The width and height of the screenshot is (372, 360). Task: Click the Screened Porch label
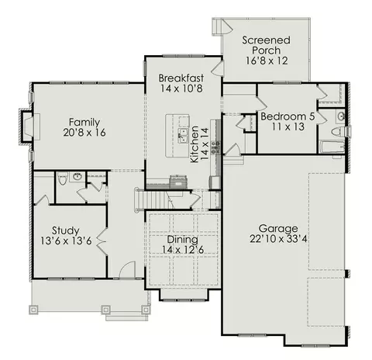(267, 45)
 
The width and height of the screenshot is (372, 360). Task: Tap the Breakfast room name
(181, 78)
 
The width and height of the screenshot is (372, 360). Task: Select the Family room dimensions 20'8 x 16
(84, 133)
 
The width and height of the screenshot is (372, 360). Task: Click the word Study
(66, 230)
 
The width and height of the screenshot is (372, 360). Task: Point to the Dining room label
(182, 240)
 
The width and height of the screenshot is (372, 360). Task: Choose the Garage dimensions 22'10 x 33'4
(278, 239)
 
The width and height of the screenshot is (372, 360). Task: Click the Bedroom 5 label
(288, 116)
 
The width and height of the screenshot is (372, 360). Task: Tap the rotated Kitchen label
(195, 144)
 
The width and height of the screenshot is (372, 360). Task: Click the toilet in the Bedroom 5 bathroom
(338, 131)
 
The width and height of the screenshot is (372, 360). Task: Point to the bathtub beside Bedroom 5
(332, 147)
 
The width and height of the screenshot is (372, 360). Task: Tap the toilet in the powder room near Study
(62, 178)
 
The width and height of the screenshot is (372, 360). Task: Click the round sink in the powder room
(77, 177)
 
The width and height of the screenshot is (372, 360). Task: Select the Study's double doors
(102, 241)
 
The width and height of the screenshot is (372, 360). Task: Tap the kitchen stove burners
(215, 147)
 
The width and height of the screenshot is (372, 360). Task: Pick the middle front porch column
(106, 310)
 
